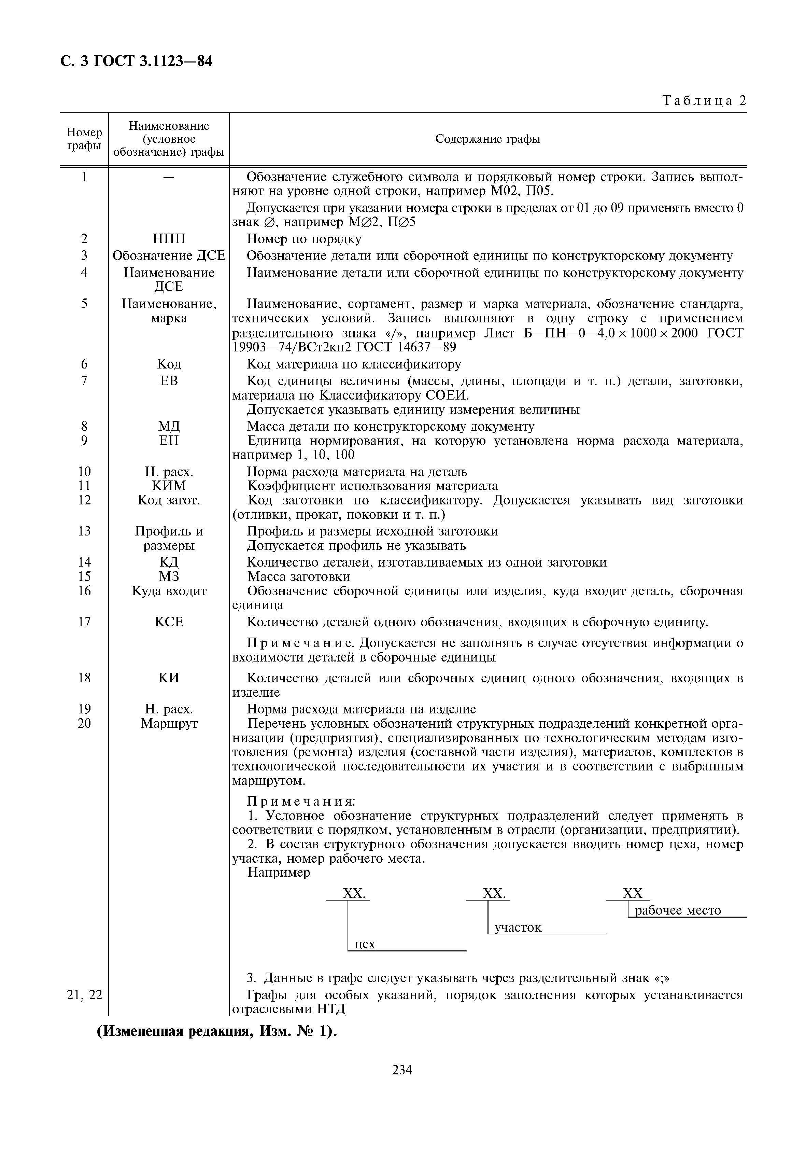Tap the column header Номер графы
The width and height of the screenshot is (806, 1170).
(x=84, y=139)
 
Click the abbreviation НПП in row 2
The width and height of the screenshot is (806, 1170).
(x=169, y=239)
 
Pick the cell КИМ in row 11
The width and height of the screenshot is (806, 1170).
(x=169, y=486)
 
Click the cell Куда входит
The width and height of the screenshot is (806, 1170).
(x=169, y=591)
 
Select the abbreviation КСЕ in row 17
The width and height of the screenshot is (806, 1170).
(x=169, y=622)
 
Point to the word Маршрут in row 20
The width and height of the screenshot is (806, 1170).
(x=169, y=723)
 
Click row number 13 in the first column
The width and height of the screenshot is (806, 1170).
(x=84, y=531)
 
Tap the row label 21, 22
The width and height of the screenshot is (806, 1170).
(x=84, y=995)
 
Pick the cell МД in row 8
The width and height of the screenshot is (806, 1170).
(x=169, y=427)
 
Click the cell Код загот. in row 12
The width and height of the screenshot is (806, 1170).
(x=169, y=500)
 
